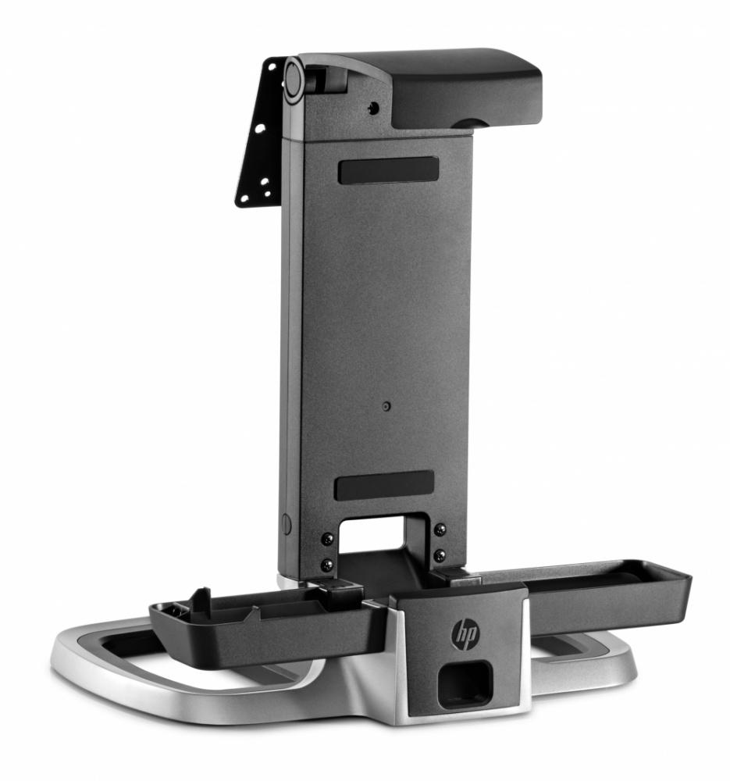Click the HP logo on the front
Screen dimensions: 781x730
pos(465,632)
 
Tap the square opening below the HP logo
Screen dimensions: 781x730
pos(465,683)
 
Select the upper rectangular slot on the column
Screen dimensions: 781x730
pos(388,170)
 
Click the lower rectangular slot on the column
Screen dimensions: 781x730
pos(384,484)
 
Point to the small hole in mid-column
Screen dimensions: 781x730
pos(386,406)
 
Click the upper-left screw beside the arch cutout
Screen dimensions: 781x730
pos(328,538)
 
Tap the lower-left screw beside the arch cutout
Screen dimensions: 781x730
pos(327,563)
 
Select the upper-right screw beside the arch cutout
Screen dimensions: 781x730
pos(440,530)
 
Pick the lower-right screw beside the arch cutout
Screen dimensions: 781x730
pos(440,555)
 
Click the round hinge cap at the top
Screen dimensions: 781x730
pos(294,79)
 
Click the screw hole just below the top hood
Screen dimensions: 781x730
pos(374,108)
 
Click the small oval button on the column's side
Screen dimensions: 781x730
pos(287,525)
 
